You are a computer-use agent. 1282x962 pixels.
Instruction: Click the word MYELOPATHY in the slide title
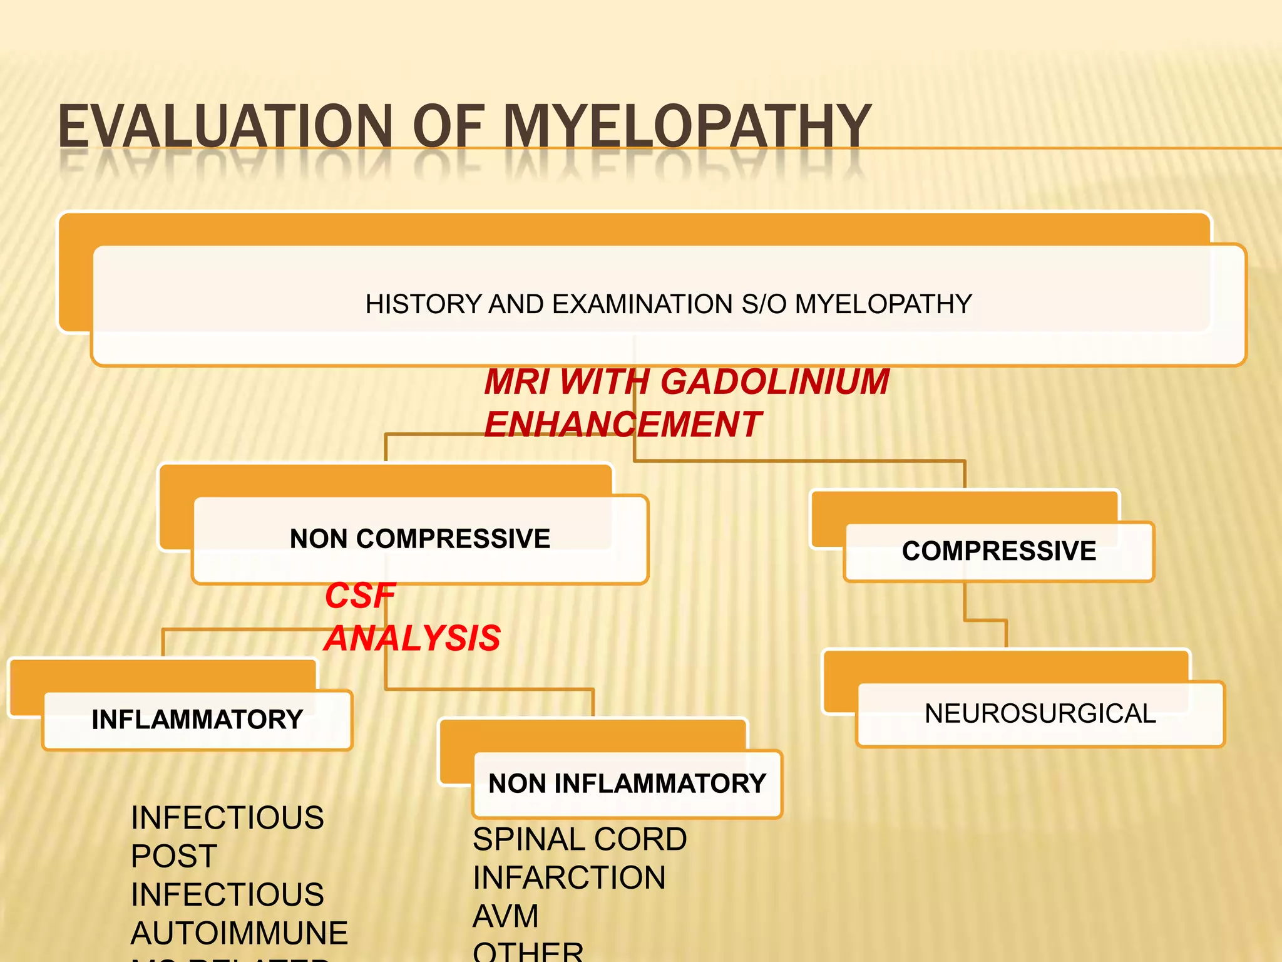(686, 127)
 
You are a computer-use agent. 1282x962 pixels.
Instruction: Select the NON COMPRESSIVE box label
(419, 539)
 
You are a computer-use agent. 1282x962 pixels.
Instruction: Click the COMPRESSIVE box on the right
(998, 551)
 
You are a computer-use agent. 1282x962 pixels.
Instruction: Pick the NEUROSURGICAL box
(1040, 714)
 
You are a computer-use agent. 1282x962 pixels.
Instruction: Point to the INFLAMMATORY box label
(197, 720)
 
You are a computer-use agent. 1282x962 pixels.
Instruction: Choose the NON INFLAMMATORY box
(627, 784)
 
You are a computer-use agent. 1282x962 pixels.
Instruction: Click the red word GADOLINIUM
(774, 382)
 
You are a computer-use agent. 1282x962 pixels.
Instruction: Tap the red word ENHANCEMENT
(622, 425)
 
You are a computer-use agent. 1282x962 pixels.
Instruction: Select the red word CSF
(360, 596)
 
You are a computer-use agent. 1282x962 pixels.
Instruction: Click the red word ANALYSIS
(413, 638)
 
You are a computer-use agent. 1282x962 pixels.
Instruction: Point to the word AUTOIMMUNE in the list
(238, 933)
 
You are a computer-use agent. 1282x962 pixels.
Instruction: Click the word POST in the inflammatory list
(174, 856)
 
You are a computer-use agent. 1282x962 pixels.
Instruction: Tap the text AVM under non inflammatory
(505, 916)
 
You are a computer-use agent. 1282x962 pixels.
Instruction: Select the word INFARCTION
(568, 877)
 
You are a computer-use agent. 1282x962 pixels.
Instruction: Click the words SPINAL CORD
(579, 839)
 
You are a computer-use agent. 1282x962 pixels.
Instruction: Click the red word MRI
(516, 382)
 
